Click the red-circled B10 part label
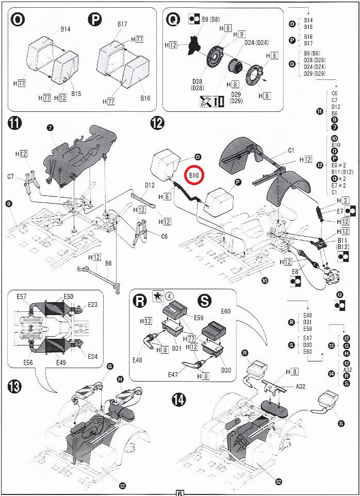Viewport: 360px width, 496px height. [x=194, y=176]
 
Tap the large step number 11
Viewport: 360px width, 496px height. [x=15, y=124]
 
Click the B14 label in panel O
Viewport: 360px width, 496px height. [x=65, y=29]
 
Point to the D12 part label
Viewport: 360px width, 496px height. [x=150, y=185]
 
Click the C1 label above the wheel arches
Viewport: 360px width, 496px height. [x=291, y=151]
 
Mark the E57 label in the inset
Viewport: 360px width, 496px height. [x=22, y=296]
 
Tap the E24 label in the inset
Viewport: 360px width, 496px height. [x=93, y=356]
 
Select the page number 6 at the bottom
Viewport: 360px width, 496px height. [x=180, y=492]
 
